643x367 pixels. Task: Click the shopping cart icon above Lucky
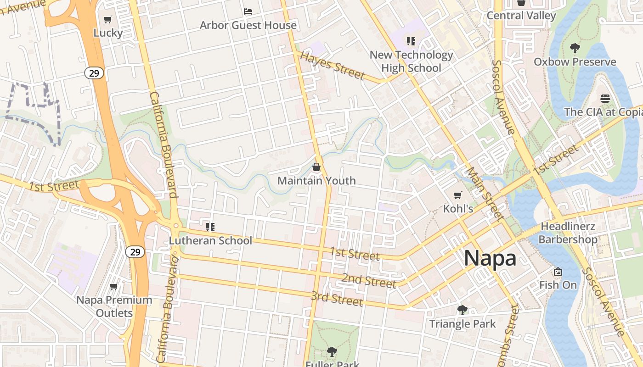108,19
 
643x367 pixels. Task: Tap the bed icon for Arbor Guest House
248,11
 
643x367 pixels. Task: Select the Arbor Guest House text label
248,25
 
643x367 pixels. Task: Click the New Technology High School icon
411,41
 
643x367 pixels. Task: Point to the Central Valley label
521,16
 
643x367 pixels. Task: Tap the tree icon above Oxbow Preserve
575,48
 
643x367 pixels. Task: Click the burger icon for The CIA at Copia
605,98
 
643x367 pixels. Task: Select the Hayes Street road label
332,66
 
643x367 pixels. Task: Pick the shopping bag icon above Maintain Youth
316,167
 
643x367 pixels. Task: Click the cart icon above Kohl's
458,195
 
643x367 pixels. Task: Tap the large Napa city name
490,258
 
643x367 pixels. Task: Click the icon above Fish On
558,272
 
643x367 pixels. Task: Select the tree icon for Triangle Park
463,310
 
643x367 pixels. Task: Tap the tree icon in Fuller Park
332,352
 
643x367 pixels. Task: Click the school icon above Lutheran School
210,227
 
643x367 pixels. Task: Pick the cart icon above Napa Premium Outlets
114,287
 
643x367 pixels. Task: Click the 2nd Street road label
368,280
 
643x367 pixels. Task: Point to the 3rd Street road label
337,299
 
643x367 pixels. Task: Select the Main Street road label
485,193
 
